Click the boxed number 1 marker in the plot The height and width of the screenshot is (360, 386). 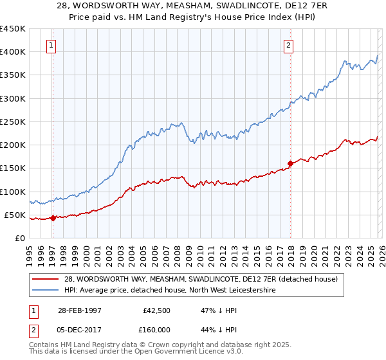[x=51, y=45]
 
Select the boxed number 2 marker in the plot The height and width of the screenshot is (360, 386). [x=288, y=45]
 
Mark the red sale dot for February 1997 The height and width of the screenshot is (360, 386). [x=53, y=218]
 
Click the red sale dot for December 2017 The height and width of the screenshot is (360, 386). [x=290, y=163]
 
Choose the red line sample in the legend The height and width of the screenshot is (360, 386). [x=46, y=278]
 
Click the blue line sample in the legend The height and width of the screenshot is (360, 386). [x=46, y=290]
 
